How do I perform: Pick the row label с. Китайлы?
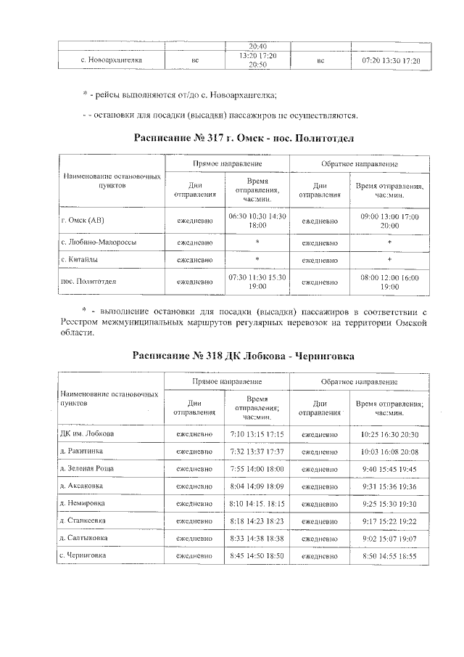pyautogui.click(x=80, y=260)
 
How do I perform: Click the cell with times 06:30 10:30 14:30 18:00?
pyautogui.click(x=257, y=221)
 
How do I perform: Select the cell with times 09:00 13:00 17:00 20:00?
pyautogui.click(x=390, y=221)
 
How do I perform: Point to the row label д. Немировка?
pyautogui.click(x=83, y=503)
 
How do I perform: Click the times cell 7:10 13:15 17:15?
pyautogui.click(x=257, y=434)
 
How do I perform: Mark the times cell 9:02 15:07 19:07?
pyautogui.click(x=390, y=539)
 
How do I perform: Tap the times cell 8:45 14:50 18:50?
pyautogui.click(x=257, y=556)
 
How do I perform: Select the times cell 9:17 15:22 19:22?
pyautogui.click(x=390, y=521)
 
